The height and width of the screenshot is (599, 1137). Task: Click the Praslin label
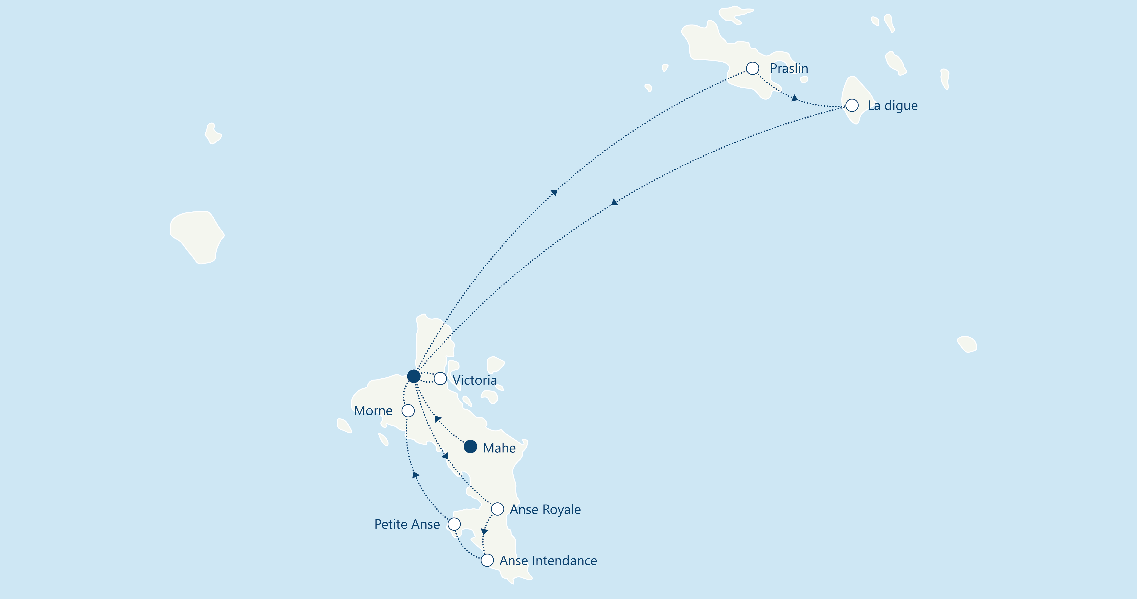tap(789, 69)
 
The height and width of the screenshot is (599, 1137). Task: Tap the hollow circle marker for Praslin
tap(753, 69)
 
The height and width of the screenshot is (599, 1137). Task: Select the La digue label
tap(892, 105)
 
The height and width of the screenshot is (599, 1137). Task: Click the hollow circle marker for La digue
tap(852, 105)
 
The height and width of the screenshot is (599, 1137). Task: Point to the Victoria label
tap(474, 380)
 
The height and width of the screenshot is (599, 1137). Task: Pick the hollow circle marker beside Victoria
tap(440, 379)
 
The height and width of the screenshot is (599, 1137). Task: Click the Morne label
tap(373, 411)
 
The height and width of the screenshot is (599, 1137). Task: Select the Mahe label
tap(499, 448)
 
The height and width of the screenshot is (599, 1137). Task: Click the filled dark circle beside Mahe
tap(471, 446)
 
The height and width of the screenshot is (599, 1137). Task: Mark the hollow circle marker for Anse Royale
tap(497, 509)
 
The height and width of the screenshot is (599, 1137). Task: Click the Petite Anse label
tap(407, 524)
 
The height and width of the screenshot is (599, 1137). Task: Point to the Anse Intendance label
tap(548, 561)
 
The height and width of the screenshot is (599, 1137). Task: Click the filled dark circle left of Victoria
tap(414, 376)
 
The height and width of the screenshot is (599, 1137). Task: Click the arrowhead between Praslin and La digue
tap(795, 98)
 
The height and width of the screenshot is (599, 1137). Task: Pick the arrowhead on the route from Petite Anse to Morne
tap(415, 475)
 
